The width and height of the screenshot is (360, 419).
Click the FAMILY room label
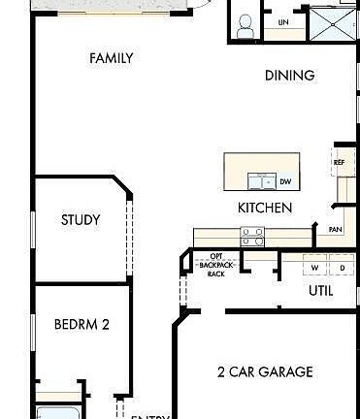111,58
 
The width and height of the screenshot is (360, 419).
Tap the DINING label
289,75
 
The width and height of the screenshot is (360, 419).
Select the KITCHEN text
264,208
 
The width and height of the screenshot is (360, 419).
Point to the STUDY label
81,220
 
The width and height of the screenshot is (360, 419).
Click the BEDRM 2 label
82,324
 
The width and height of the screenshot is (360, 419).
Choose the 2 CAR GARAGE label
264,371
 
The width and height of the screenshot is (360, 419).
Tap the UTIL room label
321,290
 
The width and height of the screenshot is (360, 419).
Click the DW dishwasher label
285,181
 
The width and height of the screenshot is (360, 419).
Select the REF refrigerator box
339,162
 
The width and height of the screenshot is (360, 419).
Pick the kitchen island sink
261,180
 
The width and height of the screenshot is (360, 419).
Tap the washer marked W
314,267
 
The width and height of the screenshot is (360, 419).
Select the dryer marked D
342,267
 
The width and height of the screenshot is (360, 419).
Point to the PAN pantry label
335,230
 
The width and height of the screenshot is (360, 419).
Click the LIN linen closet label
283,22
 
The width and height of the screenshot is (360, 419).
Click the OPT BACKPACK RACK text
216,265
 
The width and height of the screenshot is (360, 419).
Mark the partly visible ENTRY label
150,416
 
